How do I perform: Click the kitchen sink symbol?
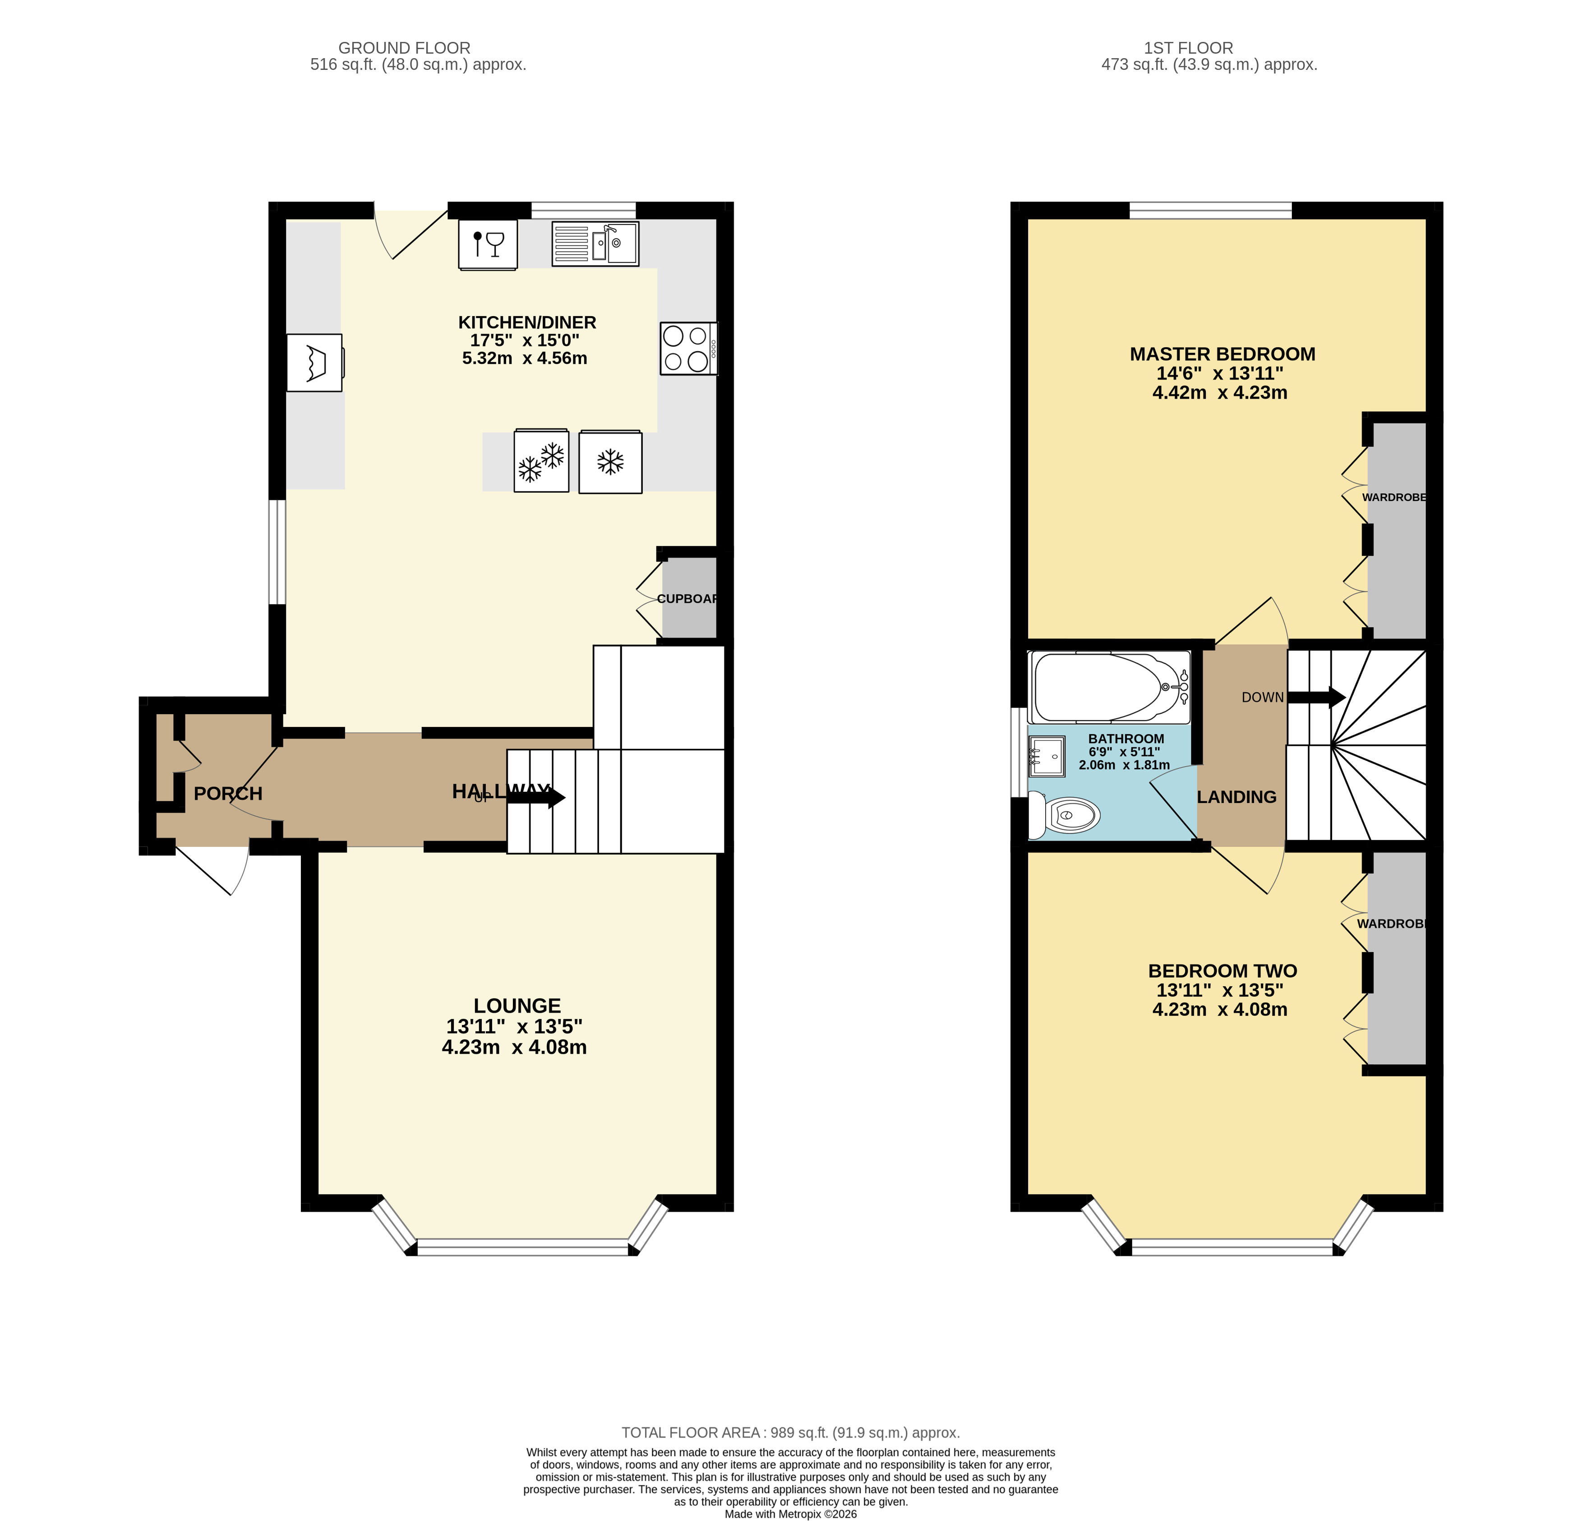click(595, 244)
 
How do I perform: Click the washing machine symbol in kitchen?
click(315, 362)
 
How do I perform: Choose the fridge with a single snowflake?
click(610, 462)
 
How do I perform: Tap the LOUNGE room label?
click(517, 1006)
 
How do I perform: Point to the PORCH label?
click(228, 793)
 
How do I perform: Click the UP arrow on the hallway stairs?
click(536, 797)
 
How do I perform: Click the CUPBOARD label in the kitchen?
click(687, 599)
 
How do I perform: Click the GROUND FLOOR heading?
click(404, 48)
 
